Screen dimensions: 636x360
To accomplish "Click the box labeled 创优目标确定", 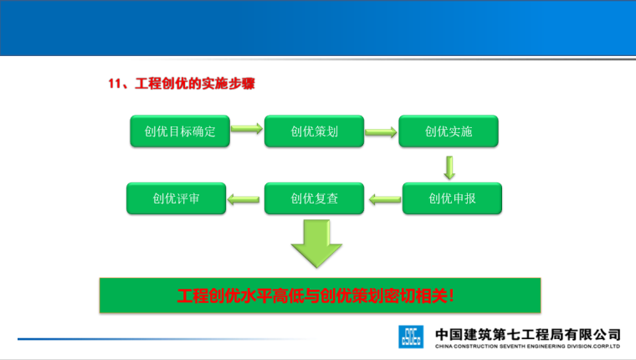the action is tap(180, 131).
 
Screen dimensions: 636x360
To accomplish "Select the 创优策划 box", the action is tap(314, 131).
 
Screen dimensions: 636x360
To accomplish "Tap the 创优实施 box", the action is tap(449, 131).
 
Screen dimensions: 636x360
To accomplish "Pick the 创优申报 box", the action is tap(452, 199).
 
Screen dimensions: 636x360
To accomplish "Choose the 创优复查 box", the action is tap(314, 199).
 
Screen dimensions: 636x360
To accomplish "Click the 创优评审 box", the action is tap(176, 199).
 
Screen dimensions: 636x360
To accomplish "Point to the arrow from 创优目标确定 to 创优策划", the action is tap(246, 130).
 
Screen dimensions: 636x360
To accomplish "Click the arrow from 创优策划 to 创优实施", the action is tap(381, 131).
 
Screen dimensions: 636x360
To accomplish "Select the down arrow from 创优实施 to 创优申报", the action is tap(449, 166).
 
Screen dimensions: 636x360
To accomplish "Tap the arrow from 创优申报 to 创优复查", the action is tap(385, 199).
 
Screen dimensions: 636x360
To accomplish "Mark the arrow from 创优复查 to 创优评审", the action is tap(244, 199).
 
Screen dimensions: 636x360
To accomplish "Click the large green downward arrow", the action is tap(315, 242).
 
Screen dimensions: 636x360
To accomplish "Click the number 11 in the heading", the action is tap(116, 84).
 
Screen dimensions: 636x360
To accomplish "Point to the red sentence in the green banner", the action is tap(316, 296).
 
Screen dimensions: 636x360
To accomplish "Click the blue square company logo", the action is tap(411, 337).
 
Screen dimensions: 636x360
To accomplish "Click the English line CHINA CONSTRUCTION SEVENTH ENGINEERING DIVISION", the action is tap(527, 346).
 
